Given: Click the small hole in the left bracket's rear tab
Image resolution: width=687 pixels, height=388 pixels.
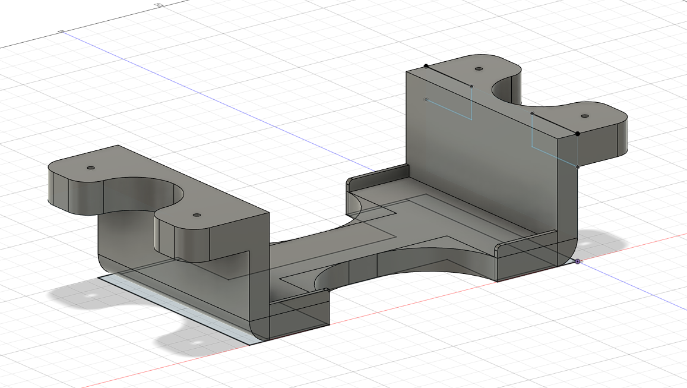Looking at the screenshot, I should click(90, 168).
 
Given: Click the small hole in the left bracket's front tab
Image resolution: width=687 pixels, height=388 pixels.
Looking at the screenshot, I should click(197, 214).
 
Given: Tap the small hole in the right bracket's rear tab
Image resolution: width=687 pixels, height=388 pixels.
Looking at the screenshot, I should click(479, 69).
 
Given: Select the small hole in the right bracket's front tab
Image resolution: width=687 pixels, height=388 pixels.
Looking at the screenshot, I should click(584, 116).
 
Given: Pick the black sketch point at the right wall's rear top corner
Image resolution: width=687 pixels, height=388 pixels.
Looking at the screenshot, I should click(426, 66).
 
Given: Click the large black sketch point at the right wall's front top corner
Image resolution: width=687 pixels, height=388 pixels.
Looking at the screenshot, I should click(578, 134).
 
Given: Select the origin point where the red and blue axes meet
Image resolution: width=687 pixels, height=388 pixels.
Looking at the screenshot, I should click(578, 261).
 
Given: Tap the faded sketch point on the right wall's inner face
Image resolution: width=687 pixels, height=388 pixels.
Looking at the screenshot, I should click(426, 99).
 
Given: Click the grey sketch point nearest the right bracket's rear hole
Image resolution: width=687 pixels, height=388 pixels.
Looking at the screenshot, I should click(472, 87).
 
